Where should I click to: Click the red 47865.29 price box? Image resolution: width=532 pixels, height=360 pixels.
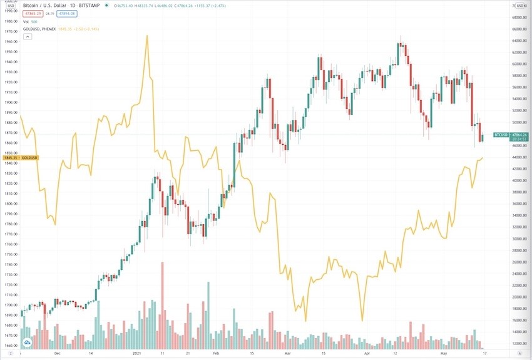33,13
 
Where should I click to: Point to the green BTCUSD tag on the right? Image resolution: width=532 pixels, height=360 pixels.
501,135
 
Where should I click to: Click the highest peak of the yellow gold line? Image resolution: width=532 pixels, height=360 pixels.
147,36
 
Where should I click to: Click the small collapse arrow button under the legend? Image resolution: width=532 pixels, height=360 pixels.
27,37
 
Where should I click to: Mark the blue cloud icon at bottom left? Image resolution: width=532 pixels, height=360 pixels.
28,342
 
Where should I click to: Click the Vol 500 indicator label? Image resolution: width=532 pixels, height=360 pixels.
30,21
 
